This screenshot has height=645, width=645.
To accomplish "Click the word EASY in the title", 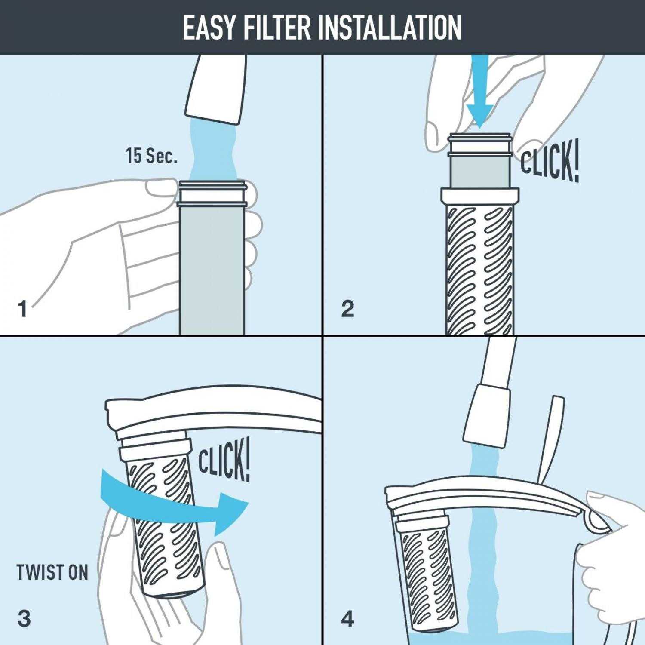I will click(x=209, y=28).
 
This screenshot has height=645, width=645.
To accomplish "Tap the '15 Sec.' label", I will click(x=151, y=156).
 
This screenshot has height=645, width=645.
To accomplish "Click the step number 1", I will click(x=23, y=309).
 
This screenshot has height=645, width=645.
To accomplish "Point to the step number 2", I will click(x=347, y=309).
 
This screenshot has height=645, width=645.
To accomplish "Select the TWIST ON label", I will click(x=52, y=573).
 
